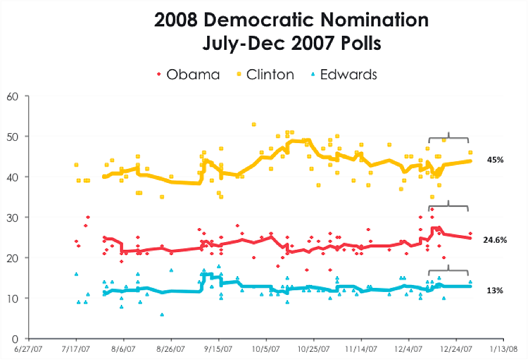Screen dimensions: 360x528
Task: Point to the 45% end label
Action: pyautogui.click(x=495, y=159)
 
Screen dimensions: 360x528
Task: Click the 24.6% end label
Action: pyautogui.click(x=496, y=240)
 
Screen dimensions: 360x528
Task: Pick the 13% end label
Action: pyautogui.click(x=495, y=290)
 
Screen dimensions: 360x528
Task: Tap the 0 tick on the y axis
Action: pyautogui.click(x=12, y=339)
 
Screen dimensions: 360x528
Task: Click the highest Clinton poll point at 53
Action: pyautogui.click(x=253, y=124)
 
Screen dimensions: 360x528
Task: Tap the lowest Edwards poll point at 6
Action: pyautogui.click(x=161, y=314)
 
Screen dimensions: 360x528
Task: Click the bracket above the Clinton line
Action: pyautogui.click(x=448, y=138)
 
